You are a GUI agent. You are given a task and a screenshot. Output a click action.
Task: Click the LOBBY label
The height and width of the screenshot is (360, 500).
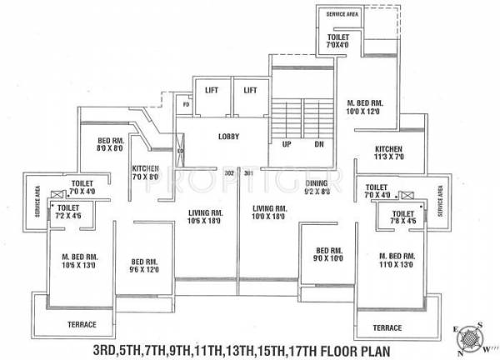(x=228, y=136)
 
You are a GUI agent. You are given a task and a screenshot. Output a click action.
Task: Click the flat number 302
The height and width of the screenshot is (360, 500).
(x=230, y=173)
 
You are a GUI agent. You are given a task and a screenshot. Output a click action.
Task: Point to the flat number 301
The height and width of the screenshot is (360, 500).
(x=250, y=173)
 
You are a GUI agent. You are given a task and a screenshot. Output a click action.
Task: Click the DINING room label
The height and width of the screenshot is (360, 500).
(x=316, y=187)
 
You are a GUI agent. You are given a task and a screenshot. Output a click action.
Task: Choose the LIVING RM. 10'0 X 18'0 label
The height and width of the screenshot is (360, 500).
(x=270, y=212)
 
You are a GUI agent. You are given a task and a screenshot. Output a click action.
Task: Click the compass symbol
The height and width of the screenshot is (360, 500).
(x=469, y=337)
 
